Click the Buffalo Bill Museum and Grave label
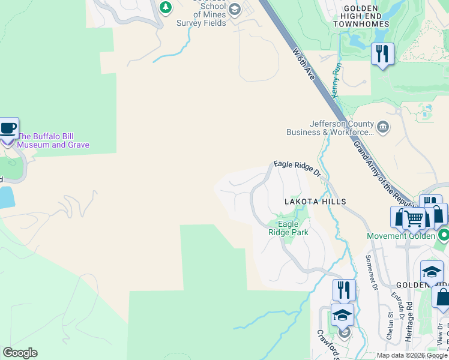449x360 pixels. (x=53, y=140)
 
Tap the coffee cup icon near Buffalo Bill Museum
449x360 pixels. (x=8, y=128)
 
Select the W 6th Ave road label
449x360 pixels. (x=304, y=65)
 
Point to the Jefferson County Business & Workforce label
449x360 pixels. (x=340, y=128)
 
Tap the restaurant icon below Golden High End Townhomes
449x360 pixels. (x=382, y=54)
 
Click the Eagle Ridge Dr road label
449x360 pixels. (x=298, y=168)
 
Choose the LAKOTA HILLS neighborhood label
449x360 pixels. (x=315, y=202)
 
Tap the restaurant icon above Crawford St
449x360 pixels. (x=344, y=290)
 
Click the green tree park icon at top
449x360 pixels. (x=166, y=8)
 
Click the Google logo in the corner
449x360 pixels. (x=20, y=353)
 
